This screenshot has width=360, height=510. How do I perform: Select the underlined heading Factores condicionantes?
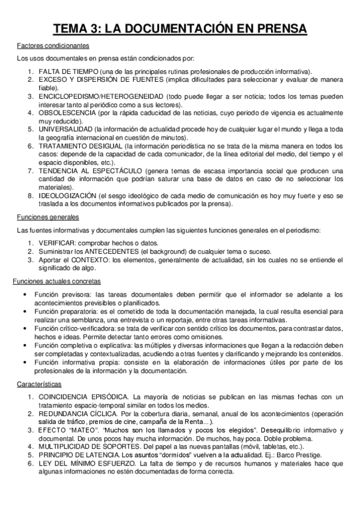click(53, 46)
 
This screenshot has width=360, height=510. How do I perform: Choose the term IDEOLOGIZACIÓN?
click(67, 195)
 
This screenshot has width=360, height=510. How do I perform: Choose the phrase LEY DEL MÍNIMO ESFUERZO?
click(83, 464)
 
